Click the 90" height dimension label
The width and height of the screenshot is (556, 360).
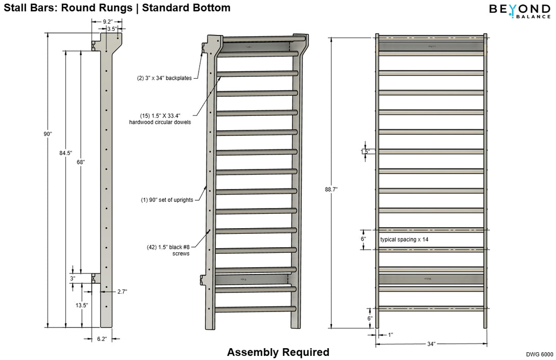48,134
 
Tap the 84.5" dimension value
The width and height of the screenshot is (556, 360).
66,152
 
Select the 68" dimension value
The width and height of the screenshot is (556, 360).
80,162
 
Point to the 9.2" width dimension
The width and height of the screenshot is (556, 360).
108,22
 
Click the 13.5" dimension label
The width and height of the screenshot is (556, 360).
81,305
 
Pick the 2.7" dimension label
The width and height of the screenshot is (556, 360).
122,292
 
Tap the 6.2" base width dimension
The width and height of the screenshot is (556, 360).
101,339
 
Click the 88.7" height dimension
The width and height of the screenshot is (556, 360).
332,190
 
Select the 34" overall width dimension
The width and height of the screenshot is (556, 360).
431,344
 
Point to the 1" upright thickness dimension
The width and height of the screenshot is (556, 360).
391,335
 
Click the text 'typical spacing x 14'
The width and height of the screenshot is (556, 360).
404,240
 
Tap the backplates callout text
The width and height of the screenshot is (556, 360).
164,78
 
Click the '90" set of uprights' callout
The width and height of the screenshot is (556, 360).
167,200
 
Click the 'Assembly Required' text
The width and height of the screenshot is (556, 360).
278,352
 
